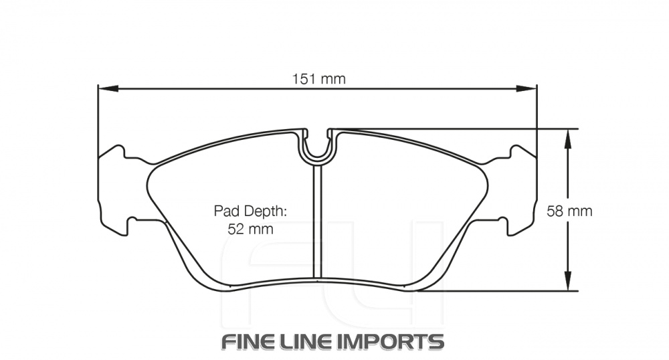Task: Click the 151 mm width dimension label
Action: [x=318, y=79]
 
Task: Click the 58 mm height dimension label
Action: [x=569, y=211]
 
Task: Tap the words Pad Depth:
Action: [x=250, y=211]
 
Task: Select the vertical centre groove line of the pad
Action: [x=318, y=221]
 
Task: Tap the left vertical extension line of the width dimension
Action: [x=98, y=120]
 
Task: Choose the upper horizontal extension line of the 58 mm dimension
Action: [x=468, y=128]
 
